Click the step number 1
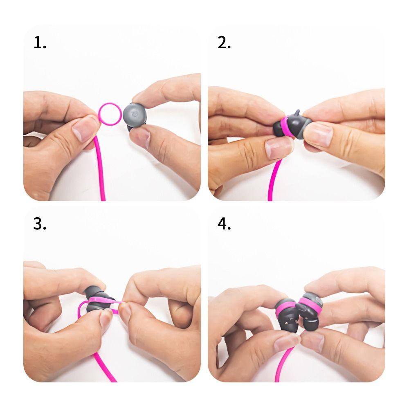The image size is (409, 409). (x=40, y=43)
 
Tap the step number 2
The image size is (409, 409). (x=224, y=43)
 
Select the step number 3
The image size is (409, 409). (x=40, y=224)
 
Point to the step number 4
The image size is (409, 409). (x=224, y=224)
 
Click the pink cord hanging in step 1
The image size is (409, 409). (x=101, y=172)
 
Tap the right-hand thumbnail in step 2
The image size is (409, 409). (x=317, y=134)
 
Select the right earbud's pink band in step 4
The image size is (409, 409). (x=310, y=306)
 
